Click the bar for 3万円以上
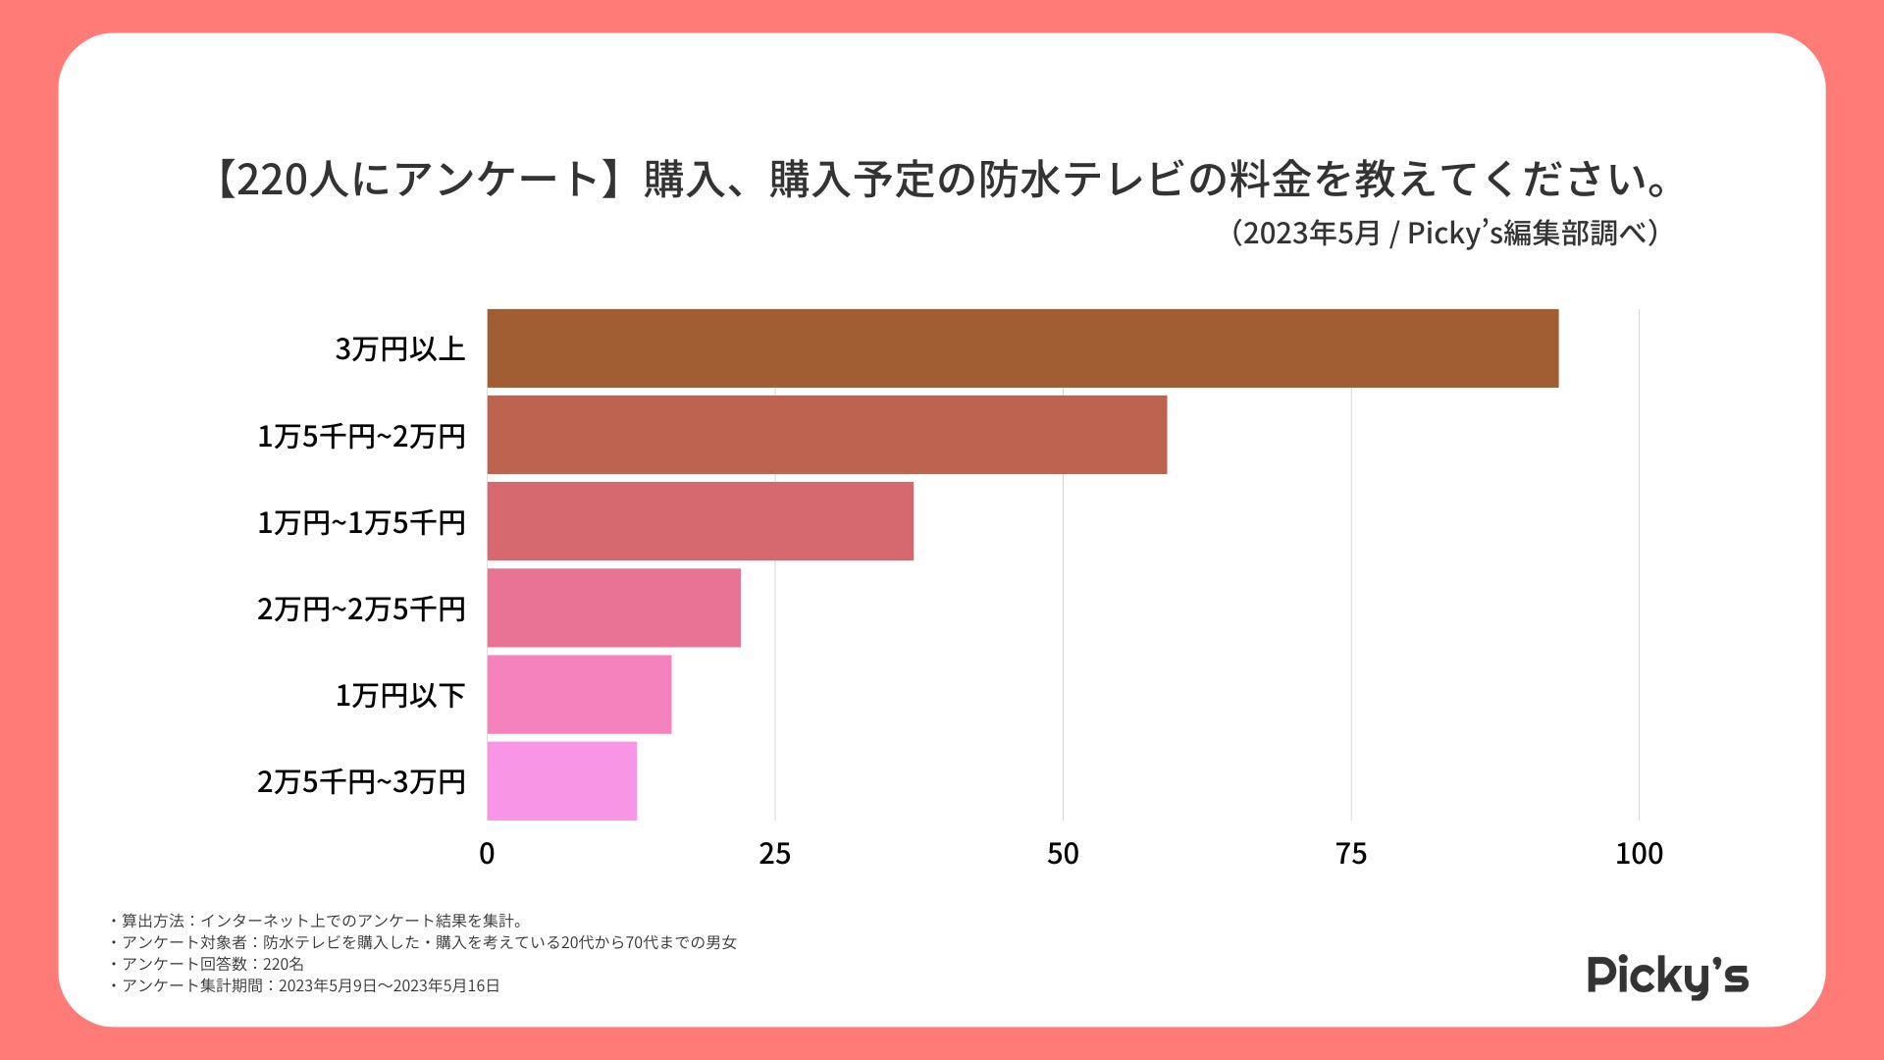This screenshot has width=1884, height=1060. tap(1022, 348)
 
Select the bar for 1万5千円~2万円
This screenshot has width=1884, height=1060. tap(827, 435)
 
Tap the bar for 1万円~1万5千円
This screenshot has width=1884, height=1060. tap(700, 521)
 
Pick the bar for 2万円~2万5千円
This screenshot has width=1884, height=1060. tap(613, 608)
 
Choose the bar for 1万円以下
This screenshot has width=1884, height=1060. tap(579, 694)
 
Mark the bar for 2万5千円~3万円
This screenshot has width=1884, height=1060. tap(561, 780)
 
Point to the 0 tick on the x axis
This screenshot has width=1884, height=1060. tap(487, 854)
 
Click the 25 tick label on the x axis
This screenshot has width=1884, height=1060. tap(774, 854)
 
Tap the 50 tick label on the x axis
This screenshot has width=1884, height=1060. tap(1063, 854)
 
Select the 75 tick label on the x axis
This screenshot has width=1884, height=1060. tap(1351, 854)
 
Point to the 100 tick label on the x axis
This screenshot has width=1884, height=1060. tap(1639, 854)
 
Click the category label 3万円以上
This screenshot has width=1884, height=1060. tap(399, 349)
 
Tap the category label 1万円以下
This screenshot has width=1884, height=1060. tap(399, 696)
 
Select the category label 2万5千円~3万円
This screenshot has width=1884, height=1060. tap(361, 782)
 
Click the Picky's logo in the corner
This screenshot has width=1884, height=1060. tap(1667, 976)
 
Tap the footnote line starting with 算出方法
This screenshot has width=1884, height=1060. tap(319, 921)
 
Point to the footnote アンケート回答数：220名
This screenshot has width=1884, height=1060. tap(208, 964)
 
